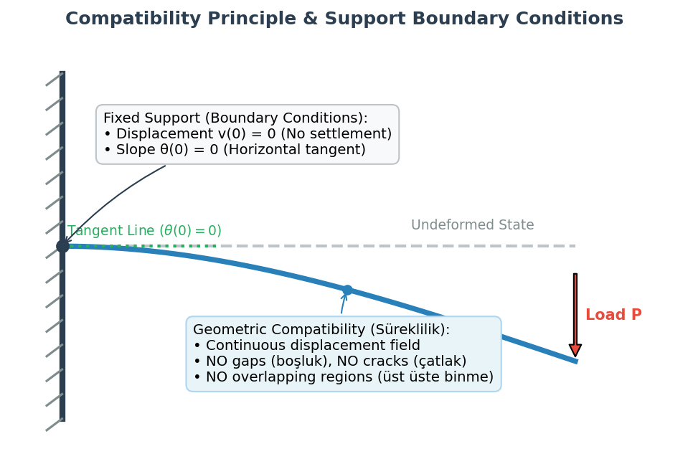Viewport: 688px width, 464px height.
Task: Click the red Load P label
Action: pos(613,314)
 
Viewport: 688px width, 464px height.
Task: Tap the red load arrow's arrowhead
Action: pos(575,350)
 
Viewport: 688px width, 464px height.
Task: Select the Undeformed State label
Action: pos(473,224)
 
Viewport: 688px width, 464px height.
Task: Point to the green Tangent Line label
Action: pos(144,231)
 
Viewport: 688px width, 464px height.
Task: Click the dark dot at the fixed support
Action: pos(62,246)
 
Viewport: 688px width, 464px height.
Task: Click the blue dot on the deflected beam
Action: pos(347,290)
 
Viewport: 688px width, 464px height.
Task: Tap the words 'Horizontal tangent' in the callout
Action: pos(294,150)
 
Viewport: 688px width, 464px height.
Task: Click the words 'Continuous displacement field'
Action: pos(313,345)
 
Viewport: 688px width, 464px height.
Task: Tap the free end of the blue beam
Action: pos(577,361)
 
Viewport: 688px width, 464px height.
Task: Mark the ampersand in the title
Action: pos(310,19)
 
